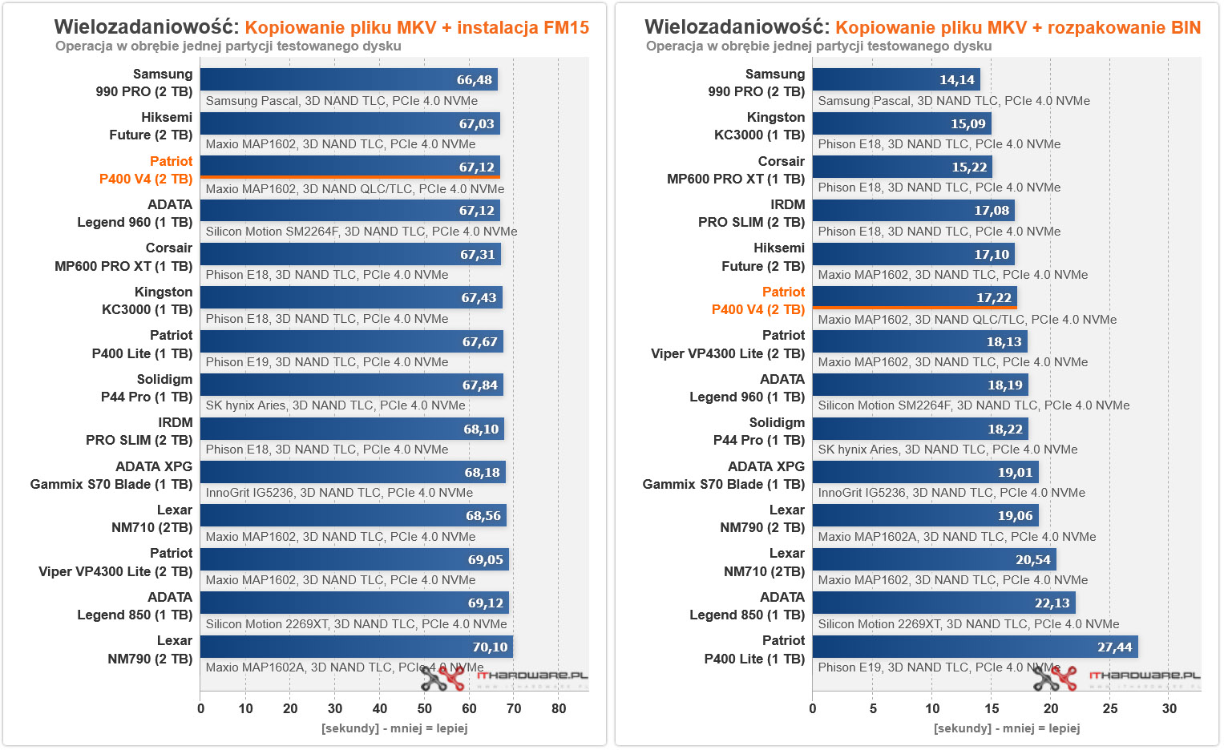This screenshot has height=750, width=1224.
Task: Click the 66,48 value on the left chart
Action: (475, 80)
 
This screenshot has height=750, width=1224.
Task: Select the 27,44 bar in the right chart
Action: (975, 647)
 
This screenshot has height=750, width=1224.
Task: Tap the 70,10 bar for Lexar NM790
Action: (356, 647)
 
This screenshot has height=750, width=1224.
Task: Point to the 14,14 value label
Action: (957, 80)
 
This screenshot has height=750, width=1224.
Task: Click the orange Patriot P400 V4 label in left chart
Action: (146, 170)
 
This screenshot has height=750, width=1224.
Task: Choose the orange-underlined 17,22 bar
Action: (914, 297)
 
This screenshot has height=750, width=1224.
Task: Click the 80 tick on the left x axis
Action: (559, 708)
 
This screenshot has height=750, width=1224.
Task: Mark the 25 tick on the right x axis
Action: (1110, 708)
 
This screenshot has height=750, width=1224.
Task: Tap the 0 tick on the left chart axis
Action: (200, 708)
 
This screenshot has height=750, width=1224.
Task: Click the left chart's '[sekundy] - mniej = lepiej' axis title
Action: (394, 728)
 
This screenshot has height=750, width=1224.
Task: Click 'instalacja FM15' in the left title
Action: (523, 28)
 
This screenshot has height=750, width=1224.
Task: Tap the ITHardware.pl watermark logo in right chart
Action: (1117, 678)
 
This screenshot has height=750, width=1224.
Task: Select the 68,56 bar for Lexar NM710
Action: (353, 516)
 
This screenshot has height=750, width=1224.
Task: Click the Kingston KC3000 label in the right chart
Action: (759, 126)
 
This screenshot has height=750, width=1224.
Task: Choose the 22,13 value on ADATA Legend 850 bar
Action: (1052, 603)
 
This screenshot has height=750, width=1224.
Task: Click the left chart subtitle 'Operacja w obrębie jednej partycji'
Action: (228, 46)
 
